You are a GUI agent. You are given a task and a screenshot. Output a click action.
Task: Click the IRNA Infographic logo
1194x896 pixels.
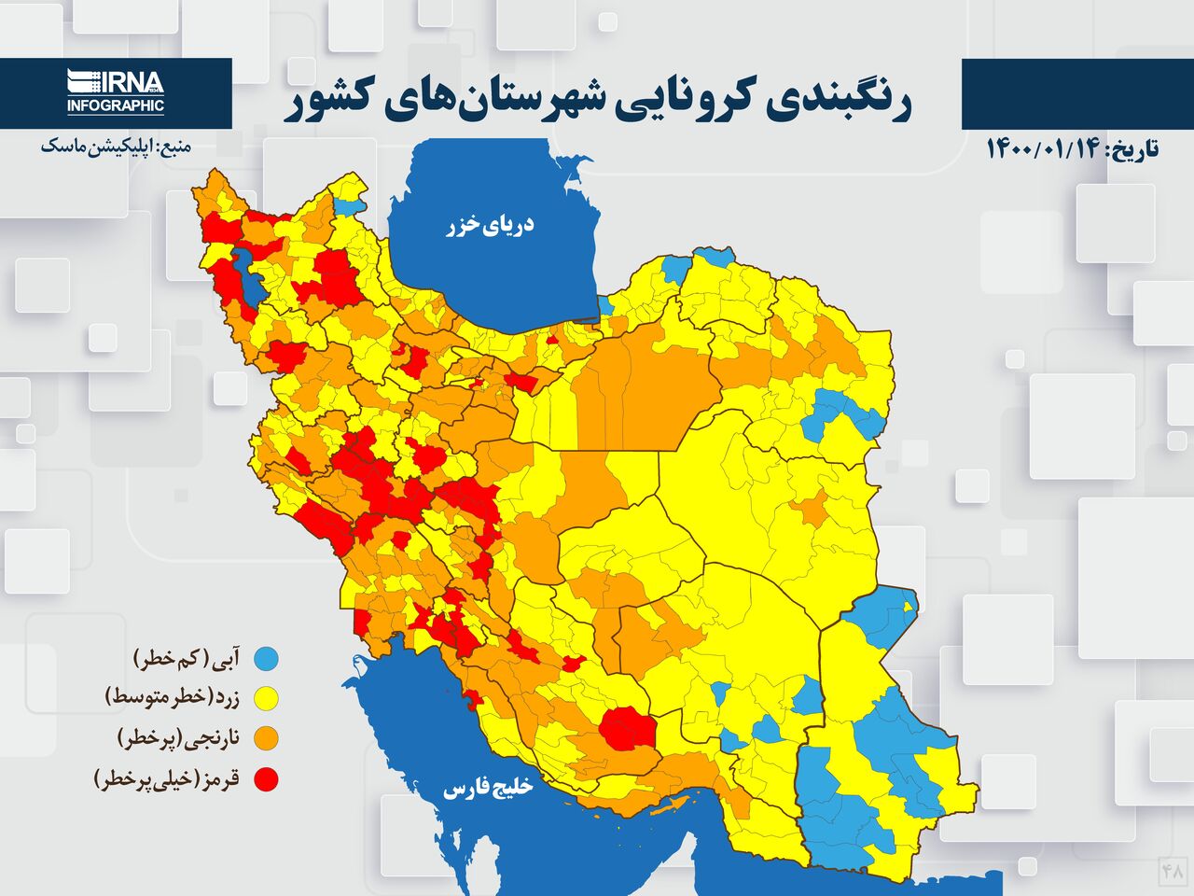(116, 92)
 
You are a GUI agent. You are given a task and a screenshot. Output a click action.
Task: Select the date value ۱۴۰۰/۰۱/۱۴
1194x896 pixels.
(1043, 148)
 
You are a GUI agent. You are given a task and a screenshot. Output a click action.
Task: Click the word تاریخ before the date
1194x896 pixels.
(1132, 148)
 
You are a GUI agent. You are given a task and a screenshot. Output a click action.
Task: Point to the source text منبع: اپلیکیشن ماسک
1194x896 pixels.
(115, 147)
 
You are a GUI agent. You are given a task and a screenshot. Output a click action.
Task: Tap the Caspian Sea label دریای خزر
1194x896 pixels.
(490, 225)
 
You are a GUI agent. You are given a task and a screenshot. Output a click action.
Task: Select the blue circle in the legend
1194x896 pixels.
(267, 659)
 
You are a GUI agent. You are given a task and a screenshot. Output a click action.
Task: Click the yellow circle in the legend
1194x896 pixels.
(267, 698)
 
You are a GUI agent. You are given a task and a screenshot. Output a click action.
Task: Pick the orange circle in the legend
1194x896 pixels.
(267, 738)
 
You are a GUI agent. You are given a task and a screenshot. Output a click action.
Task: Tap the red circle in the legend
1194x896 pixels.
(267, 778)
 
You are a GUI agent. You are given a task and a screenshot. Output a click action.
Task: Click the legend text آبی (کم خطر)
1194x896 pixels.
(187, 659)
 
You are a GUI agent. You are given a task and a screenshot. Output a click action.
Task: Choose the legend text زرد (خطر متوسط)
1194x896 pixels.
(173, 698)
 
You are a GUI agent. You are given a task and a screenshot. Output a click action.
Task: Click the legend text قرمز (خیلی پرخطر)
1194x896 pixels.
(168, 778)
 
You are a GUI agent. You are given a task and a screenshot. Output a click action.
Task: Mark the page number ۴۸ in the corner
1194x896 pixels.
(1172, 871)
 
